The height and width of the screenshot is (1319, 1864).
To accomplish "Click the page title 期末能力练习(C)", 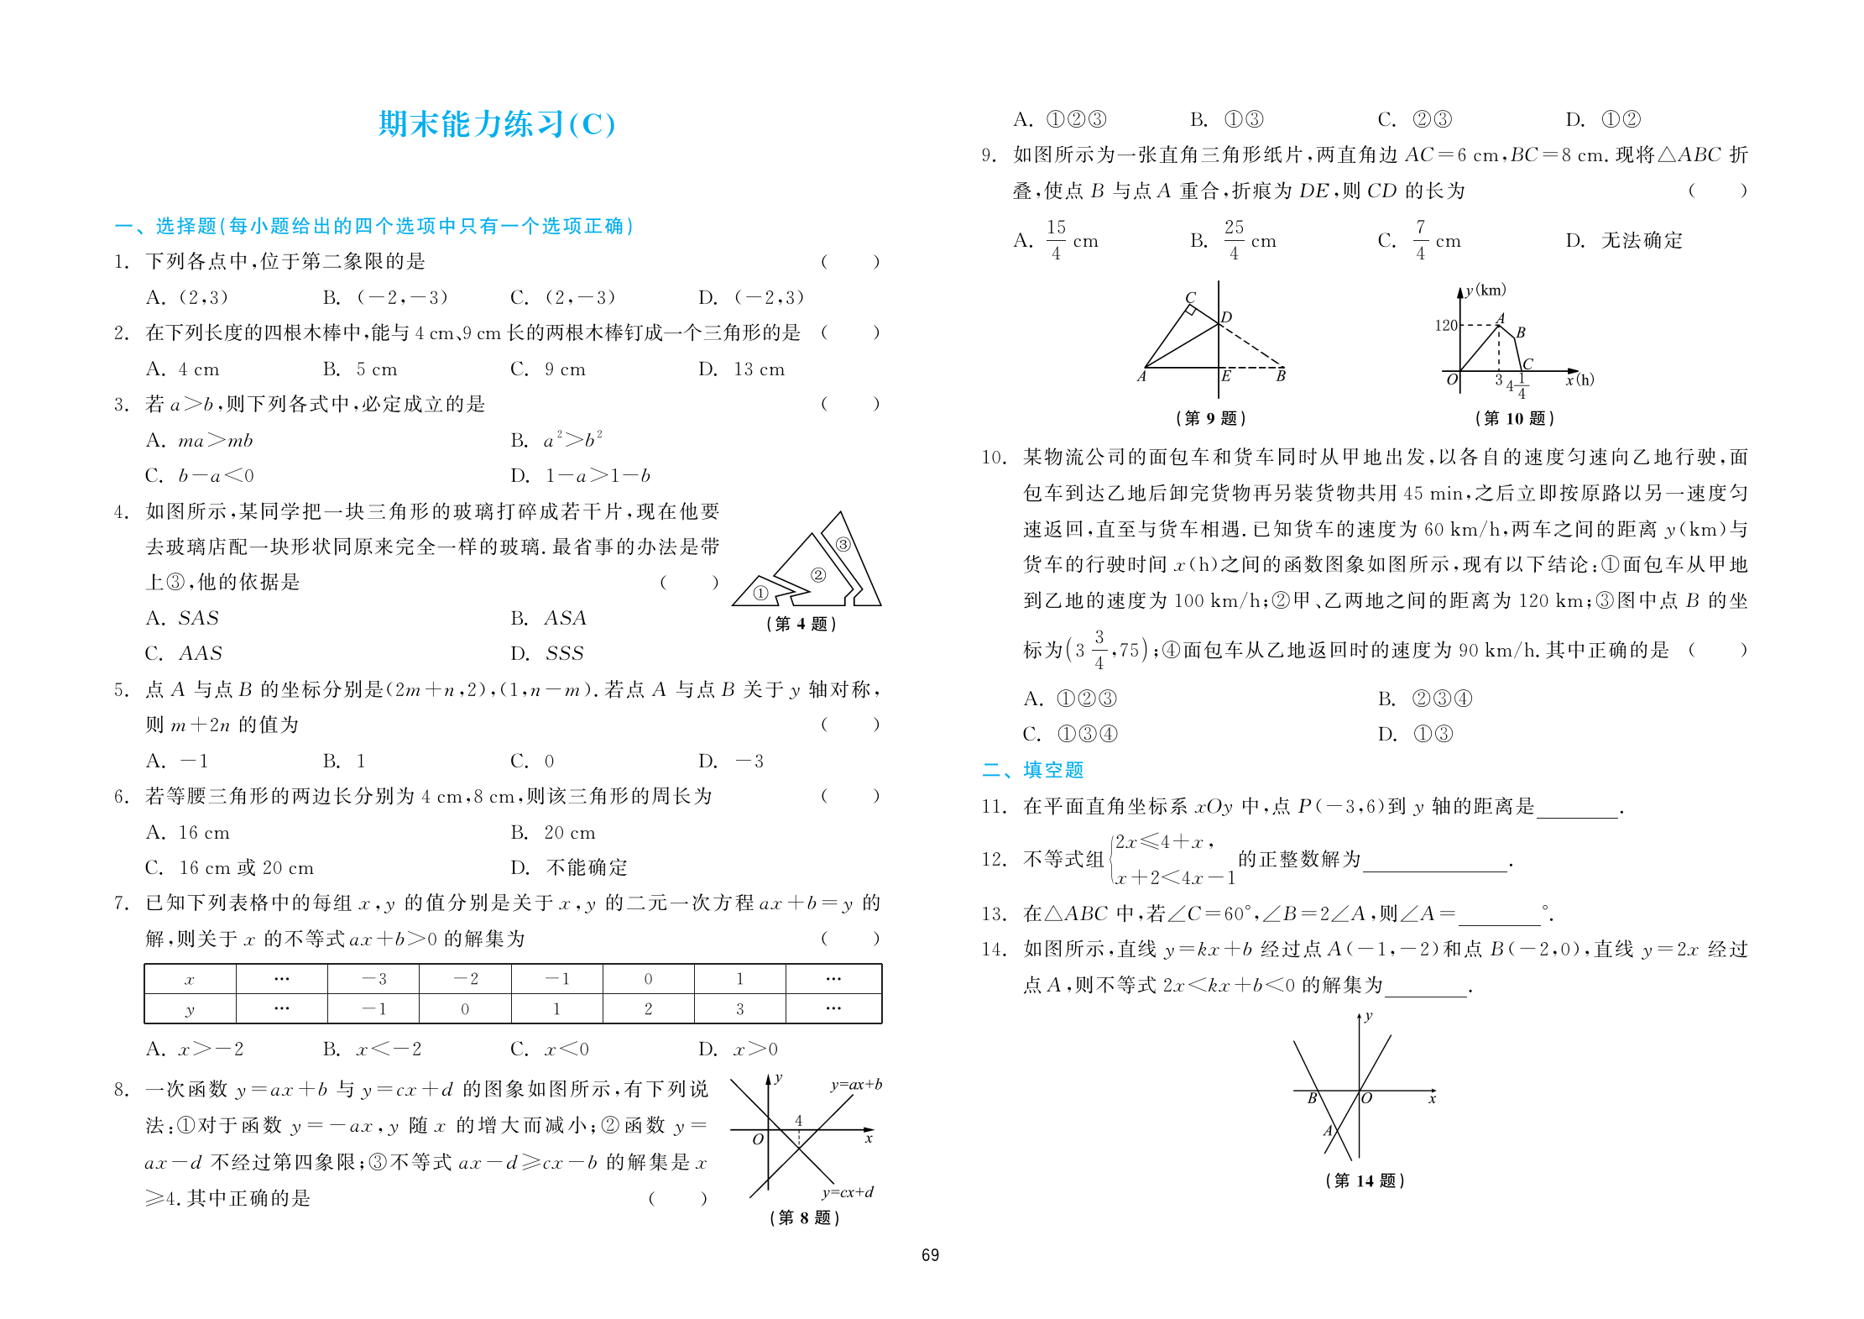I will (x=497, y=124).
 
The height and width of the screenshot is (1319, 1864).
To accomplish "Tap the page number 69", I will (x=930, y=1255).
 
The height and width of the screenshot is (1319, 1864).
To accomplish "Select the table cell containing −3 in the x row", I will (x=373, y=979).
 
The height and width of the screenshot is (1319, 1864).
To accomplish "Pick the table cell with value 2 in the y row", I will (x=648, y=1009).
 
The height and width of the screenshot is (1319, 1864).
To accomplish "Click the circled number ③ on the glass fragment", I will (x=843, y=544).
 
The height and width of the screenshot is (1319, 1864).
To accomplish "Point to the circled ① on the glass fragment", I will (x=760, y=594).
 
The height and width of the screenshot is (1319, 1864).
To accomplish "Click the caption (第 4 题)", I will (x=801, y=624).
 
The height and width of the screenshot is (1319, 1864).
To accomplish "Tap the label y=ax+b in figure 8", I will (x=856, y=1084).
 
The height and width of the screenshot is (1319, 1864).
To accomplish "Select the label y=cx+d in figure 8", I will (x=848, y=1192).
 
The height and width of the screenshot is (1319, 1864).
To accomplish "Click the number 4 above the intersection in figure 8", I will (x=798, y=1120).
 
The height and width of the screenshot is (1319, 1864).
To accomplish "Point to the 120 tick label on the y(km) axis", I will (x=1445, y=325).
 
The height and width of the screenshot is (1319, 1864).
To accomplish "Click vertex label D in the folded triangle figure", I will (x=1226, y=317).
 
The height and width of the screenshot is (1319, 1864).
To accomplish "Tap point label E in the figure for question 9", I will (x=1226, y=376).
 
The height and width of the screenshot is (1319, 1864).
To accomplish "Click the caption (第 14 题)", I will (x=1365, y=1180).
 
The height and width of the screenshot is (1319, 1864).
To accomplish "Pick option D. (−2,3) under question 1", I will (x=751, y=297).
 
